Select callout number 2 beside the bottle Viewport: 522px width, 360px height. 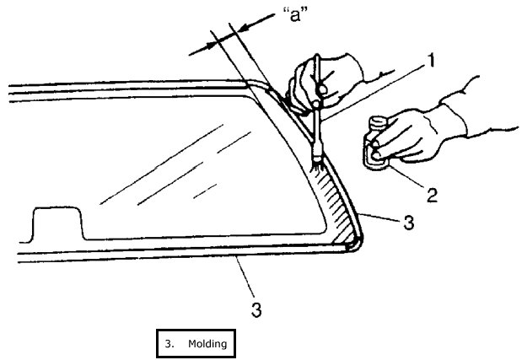432,196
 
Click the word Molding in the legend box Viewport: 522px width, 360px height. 207,343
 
